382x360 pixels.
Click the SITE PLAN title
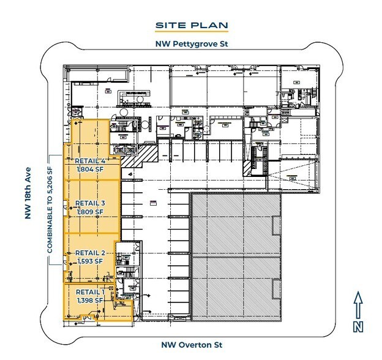tap(191, 25)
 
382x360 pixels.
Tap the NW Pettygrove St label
tap(191, 44)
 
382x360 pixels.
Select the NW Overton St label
tap(191, 345)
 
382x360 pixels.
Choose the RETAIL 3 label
tap(91, 203)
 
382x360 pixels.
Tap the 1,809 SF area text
tap(90, 212)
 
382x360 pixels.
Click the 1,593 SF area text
tap(90, 261)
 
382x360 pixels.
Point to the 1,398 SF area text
tap(90, 300)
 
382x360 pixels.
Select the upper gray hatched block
tap(236, 225)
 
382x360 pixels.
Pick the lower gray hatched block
tap(236, 288)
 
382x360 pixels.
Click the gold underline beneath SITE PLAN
tap(191, 32)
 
